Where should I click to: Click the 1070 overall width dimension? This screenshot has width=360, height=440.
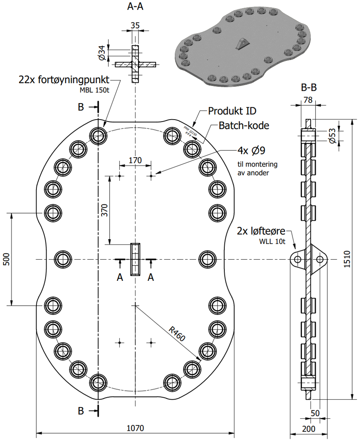point(135,428)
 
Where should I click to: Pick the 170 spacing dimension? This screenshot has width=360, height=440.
point(135,161)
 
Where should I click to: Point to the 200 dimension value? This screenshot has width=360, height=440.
point(308,429)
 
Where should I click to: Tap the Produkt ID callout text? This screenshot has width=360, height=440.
point(232,111)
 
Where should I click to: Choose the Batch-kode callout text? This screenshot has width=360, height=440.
point(244,126)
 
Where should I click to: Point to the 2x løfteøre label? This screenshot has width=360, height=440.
point(261,231)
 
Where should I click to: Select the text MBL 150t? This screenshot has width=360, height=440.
point(94,90)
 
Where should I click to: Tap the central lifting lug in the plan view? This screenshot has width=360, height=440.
point(135,259)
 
